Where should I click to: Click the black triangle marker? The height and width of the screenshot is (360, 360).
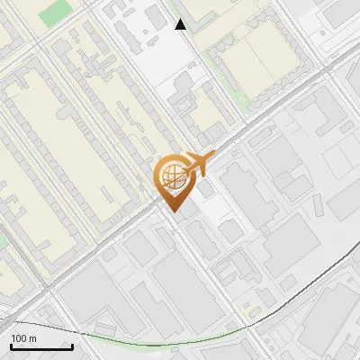click(180, 24)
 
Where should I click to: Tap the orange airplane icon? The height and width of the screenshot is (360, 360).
click(198, 165)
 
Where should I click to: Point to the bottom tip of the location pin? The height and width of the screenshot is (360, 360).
click(174, 212)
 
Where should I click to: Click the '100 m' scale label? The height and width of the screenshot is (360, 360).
click(23, 338)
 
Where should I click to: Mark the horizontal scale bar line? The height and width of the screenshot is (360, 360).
click(40, 347)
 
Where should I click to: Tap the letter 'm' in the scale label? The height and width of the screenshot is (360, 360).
click(32, 338)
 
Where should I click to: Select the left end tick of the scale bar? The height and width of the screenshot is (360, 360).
click(10, 346)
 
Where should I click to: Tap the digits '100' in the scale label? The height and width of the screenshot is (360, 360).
click(19, 338)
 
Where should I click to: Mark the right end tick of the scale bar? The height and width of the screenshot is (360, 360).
click(72, 346)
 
